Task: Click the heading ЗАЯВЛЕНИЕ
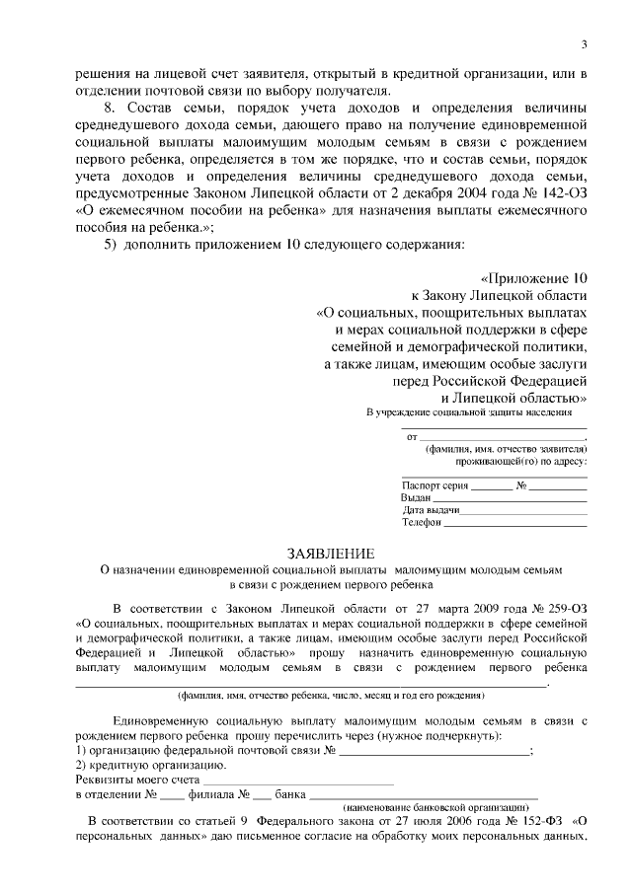click(x=331, y=553)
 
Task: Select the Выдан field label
click(x=416, y=498)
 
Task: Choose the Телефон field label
click(x=422, y=523)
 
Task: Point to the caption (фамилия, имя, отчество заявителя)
click(x=507, y=448)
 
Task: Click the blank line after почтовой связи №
click(x=434, y=751)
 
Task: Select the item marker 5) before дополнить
click(x=111, y=243)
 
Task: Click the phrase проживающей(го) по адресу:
click(x=520, y=461)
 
